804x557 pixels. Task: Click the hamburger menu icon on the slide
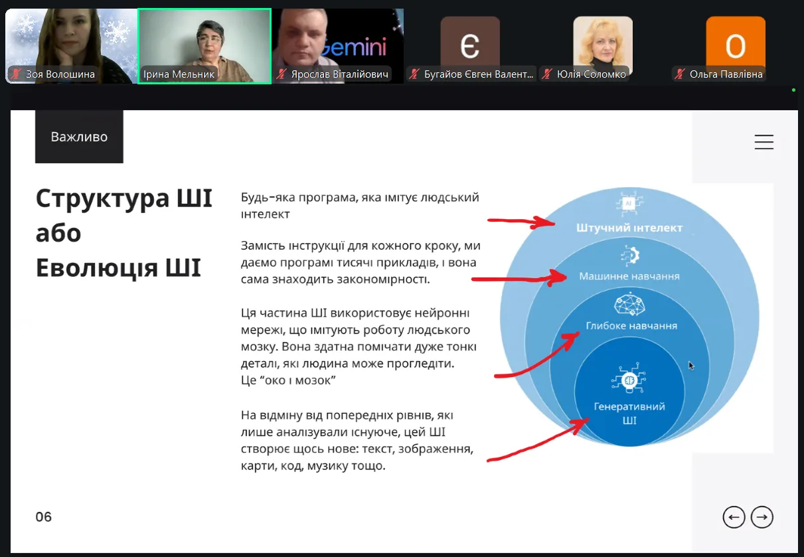coord(764,142)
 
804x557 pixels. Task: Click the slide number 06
coord(43,517)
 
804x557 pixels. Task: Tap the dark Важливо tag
coord(79,137)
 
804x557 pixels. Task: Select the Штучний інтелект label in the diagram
coord(629,228)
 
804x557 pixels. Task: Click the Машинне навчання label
coord(629,276)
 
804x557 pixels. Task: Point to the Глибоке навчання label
coord(631,325)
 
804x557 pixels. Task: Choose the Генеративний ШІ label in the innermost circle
coord(629,413)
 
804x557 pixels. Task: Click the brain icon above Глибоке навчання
coord(629,304)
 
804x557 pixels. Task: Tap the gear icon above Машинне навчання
coord(630,256)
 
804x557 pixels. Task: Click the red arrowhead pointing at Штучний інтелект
coord(544,222)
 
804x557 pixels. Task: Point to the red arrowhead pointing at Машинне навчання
coord(556,278)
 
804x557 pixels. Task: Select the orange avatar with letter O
coord(736,45)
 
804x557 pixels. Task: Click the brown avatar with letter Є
coord(470,45)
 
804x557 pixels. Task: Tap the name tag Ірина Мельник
coord(179,74)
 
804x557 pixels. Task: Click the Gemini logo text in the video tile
coord(354,47)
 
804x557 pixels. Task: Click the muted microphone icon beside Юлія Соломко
coord(547,74)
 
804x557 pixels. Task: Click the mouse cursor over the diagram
coord(691,365)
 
